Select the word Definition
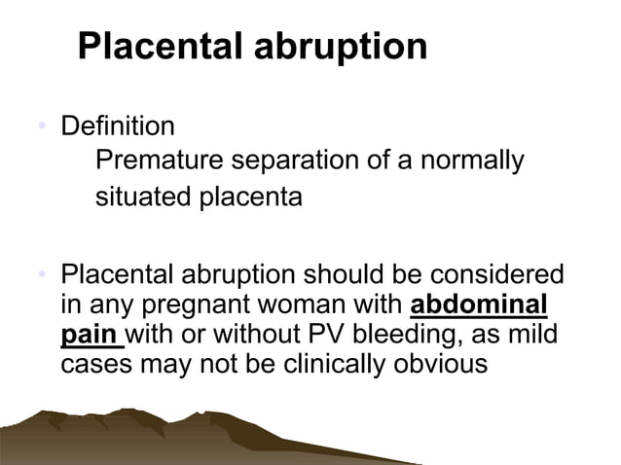pyautogui.click(x=118, y=126)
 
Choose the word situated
pyautogui.click(x=139, y=197)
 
